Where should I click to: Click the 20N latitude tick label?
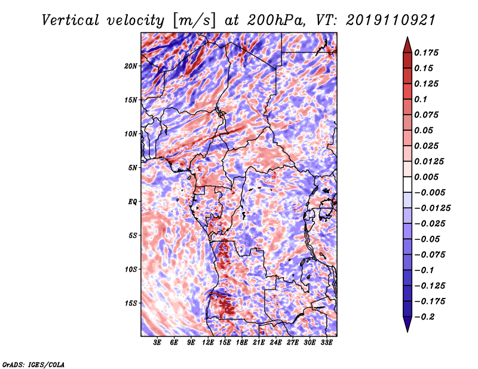(131, 66)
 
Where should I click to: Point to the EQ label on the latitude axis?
(133, 202)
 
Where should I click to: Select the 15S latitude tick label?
(131, 303)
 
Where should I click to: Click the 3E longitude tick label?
(157, 343)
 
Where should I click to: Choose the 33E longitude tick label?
(326, 343)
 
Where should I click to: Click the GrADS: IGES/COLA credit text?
(33, 364)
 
